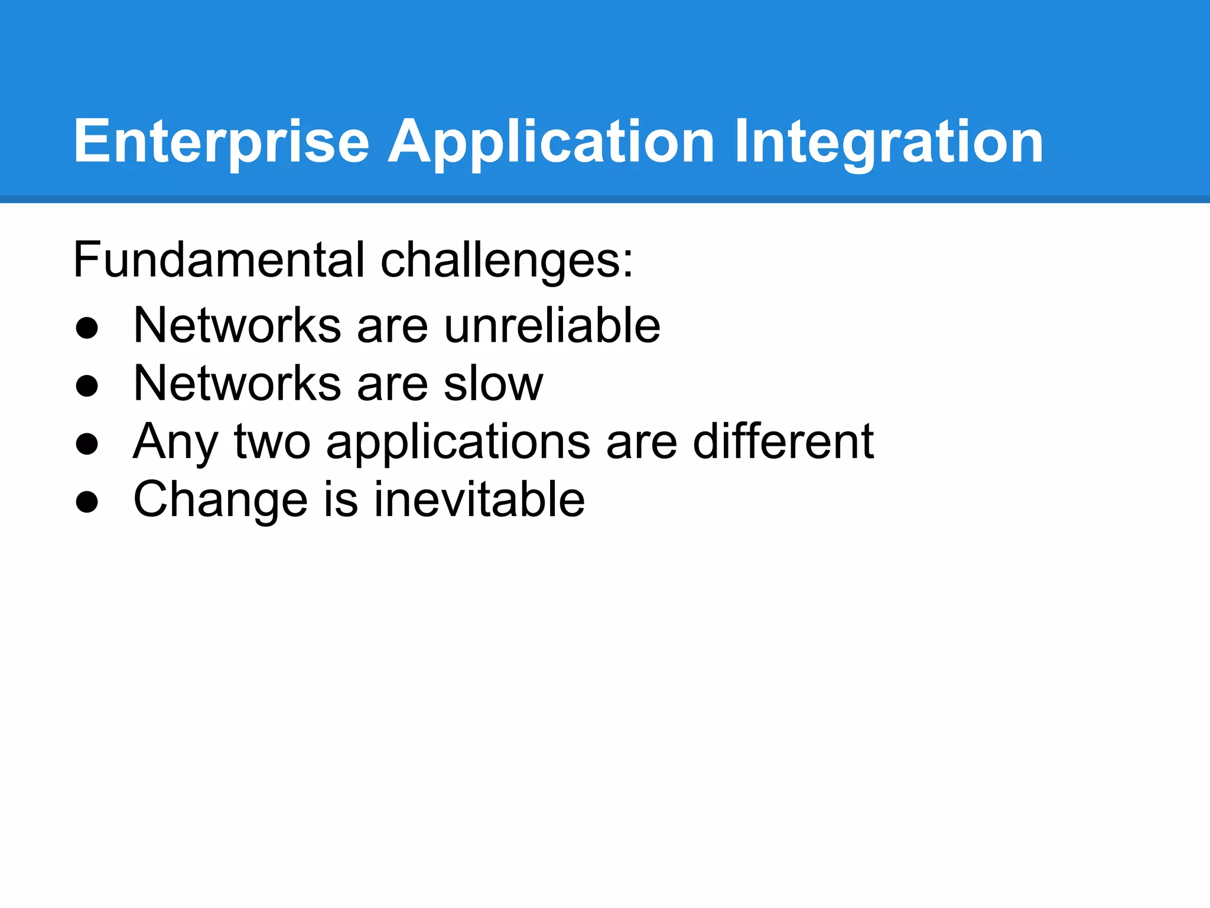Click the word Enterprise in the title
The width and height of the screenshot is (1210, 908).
(x=222, y=142)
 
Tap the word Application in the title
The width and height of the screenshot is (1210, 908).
(x=551, y=142)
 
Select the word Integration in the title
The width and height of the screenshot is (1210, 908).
(x=889, y=142)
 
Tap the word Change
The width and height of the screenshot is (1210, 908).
(x=220, y=500)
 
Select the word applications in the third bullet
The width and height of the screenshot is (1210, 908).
(x=458, y=442)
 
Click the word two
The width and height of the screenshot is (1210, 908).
(x=272, y=442)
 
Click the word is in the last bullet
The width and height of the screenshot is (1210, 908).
(x=341, y=499)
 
